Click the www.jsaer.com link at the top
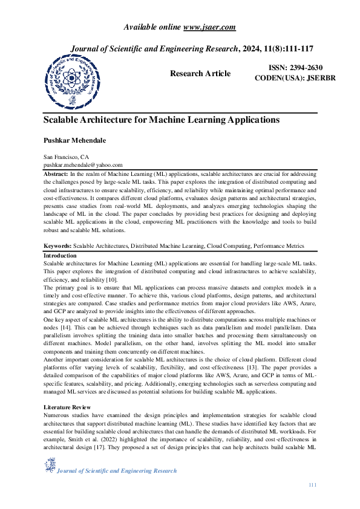click(x=209, y=27)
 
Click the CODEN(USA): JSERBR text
click(x=291, y=79)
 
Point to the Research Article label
click(x=200, y=74)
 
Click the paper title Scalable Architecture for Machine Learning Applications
click(x=162, y=120)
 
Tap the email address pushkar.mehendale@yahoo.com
click(x=83, y=164)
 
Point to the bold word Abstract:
click(x=56, y=173)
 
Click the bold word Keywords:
click(x=57, y=246)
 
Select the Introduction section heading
click(x=60, y=256)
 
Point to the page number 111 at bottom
click(x=312, y=485)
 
